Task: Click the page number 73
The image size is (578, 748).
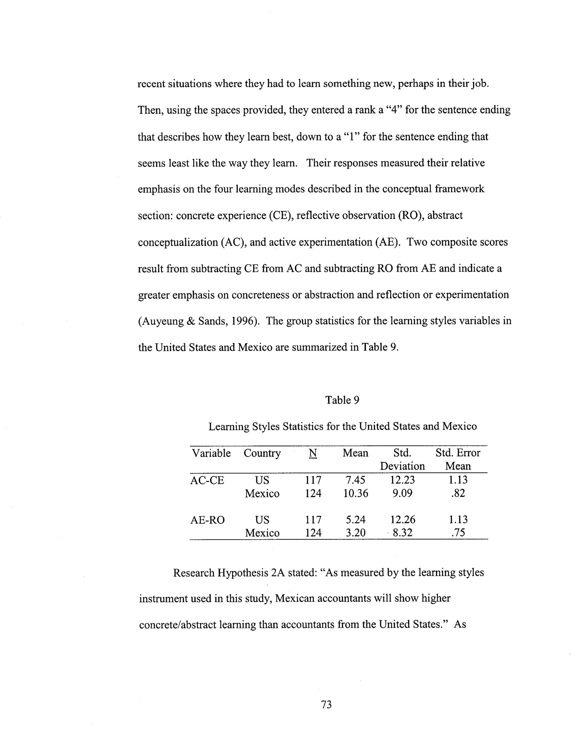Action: point(326,705)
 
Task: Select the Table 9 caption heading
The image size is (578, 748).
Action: point(342,400)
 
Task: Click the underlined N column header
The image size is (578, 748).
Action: point(313,453)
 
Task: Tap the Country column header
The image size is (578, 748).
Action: point(262,453)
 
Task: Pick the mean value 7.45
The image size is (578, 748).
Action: point(355,480)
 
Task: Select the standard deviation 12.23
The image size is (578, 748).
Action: point(402,480)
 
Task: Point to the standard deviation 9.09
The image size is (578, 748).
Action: point(402,493)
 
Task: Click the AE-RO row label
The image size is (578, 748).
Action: point(207,520)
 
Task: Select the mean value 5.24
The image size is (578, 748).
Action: point(355,520)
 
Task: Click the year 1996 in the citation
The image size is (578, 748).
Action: point(244,321)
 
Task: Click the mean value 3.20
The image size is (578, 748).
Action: point(355,533)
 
